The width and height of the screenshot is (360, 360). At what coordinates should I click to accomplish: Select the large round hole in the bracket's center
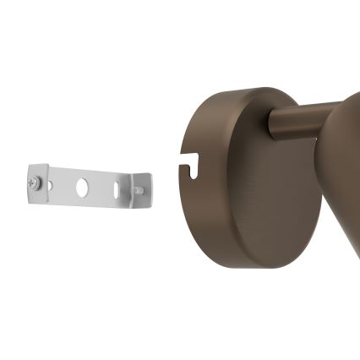(x=82, y=188)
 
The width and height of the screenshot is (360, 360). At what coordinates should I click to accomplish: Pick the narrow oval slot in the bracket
(x=116, y=190)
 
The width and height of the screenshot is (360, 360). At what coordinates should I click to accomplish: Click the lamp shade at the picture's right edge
(x=345, y=169)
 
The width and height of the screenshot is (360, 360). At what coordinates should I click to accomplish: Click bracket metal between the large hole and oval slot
(x=101, y=188)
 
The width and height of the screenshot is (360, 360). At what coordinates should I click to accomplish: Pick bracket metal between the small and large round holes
(x=63, y=185)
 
